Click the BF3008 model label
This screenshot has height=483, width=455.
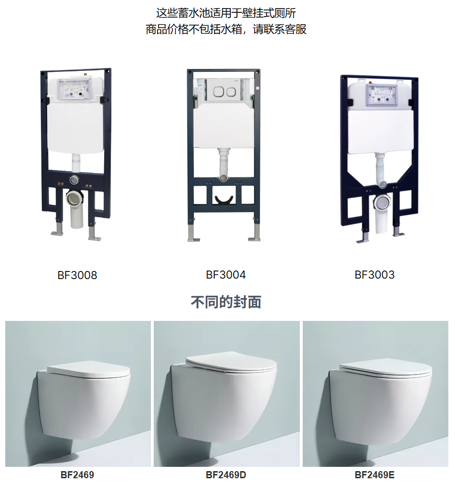click(77, 275)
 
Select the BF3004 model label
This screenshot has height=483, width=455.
click(226, 274)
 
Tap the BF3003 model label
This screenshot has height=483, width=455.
click(375, 274)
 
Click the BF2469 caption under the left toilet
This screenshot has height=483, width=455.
click(77, 475)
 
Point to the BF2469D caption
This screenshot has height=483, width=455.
click(226, 475)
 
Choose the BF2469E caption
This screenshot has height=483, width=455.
click(375, 475)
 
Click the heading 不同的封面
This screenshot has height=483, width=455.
click(226, 302)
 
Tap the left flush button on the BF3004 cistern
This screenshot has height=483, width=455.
click(219, 91)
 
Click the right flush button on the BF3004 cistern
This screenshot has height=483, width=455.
click(231, 91)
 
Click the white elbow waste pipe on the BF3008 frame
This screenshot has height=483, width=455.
click(76, 208)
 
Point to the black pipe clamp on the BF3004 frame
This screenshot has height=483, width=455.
click(224, 200)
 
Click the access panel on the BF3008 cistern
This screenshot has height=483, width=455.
click(75, 89)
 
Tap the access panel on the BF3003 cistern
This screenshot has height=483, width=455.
click(381, 95)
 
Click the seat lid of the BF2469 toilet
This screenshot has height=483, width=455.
click(89, 370)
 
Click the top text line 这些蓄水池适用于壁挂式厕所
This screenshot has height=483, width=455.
click(226, 13)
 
